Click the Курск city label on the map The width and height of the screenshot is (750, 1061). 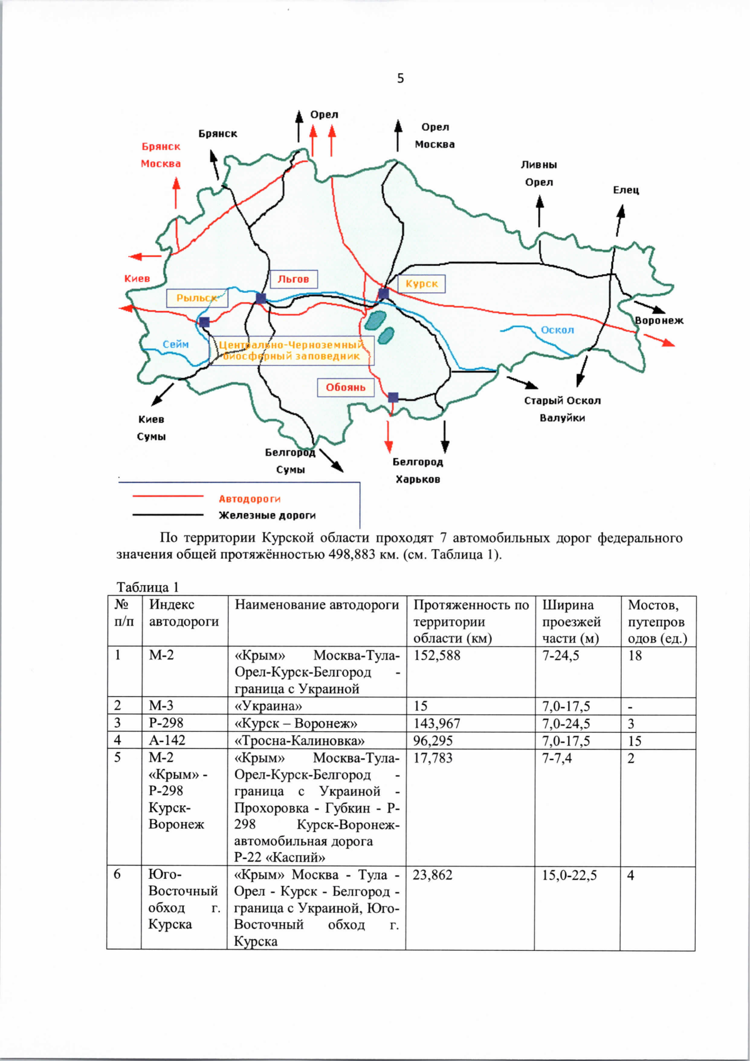[422, 284]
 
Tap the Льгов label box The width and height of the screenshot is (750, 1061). [294, 279]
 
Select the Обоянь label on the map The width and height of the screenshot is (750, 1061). [346, 388]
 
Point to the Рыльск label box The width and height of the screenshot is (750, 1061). [197, 298]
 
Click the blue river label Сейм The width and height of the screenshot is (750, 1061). [176, 344]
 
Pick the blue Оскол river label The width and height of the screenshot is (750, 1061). [557, 330]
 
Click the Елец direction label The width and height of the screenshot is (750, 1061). [626, 190]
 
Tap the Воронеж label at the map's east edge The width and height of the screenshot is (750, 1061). [659, 320]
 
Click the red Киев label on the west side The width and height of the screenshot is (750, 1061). [137, 278]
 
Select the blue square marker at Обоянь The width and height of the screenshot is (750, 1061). [393, 397]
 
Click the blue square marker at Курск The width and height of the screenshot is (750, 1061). [384, 293]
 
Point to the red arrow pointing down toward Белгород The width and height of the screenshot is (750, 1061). [389, 437]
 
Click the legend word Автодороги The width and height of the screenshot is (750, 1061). [249, 499]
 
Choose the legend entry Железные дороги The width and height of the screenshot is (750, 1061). [267, 515]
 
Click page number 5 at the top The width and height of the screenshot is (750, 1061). [401, 78]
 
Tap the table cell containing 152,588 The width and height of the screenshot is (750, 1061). [437, 656]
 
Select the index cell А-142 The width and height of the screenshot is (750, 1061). [167, 741]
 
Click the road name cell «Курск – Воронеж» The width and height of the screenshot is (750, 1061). [296, 724]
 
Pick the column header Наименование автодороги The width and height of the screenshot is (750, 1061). [317, 605]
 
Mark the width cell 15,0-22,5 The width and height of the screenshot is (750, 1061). [569, 875]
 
